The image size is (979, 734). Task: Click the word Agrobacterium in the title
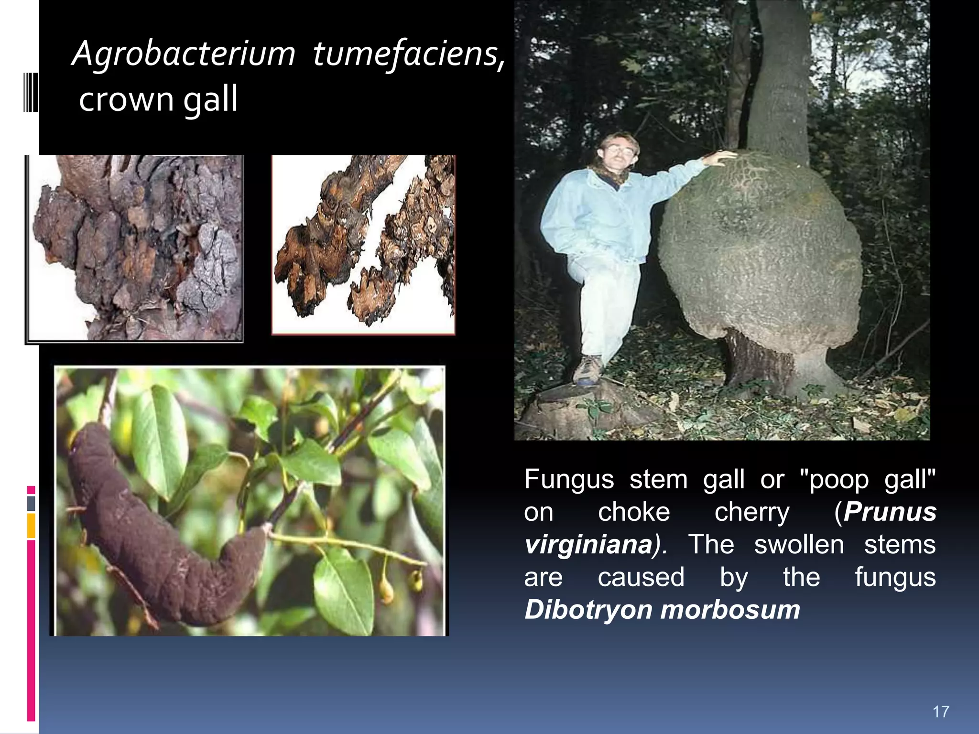click(x=184, y=54)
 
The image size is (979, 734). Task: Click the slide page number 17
click(x=940, y=712)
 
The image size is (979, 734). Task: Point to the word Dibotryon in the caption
click(x=586, y=610)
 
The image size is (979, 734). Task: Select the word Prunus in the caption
click(x=890, y=512)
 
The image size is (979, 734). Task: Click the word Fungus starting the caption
click(x=569, y=479)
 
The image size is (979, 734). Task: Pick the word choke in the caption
click(x=634, y=512)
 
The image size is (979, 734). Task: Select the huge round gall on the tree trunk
click(x=760, y=248)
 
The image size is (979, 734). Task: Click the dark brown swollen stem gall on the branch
click(x=158, y=530)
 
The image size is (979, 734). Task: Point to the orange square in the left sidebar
click(x=31, y=526)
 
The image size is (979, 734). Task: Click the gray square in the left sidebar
click(x=31, y=503)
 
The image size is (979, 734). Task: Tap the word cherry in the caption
click(x=752, y=512)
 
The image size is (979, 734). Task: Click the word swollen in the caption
click(x=799, y=545)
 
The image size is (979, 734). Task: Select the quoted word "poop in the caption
click(x=835, y=479)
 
